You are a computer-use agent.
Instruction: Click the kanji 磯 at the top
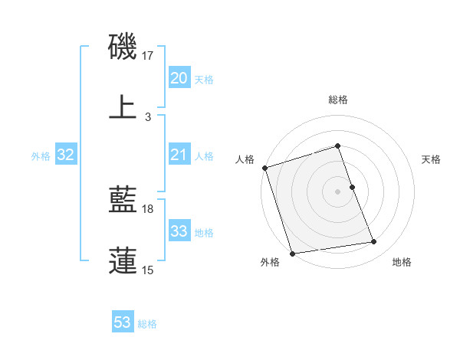click(123, 47)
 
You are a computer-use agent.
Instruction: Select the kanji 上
click(123, 107)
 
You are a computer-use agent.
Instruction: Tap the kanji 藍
click(123, 201)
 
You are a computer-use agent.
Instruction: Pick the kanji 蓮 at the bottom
click(123, 260)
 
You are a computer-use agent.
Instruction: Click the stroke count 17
click(148, 57)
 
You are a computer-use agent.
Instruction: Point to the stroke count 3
click(148, 116)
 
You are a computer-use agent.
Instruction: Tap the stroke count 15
click(148, 270)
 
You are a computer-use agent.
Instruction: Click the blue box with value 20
click(179, 78)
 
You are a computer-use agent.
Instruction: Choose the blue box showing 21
click(179, 155)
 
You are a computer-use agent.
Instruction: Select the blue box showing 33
click(179, 231)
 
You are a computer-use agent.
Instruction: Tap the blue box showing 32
click(66, 155)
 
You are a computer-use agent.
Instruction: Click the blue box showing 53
click(123, 322)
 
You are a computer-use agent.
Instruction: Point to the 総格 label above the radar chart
click(338, 100)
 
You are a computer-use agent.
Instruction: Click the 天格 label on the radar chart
click(431, 159)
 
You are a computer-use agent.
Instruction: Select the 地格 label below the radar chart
click(402, 263)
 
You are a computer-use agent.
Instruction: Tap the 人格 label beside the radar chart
click(245, 159)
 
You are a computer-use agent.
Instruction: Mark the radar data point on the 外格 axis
click(292, 253)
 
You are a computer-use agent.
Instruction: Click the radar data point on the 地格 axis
click(374, 242)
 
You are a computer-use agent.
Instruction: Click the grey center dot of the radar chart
click(338, 191)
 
